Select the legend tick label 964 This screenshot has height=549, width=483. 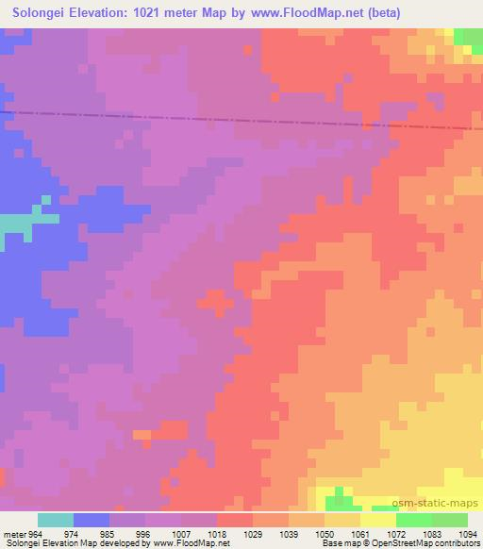(x=35, y=534)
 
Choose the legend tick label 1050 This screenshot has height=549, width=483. (x=325, y=534)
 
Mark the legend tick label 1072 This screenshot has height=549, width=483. (x=397, y=534)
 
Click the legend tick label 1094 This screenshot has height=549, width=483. (x=467, y=534)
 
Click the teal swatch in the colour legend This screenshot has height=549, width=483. (x=56, y=520)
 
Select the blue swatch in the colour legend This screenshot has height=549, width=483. (x=92, y=520)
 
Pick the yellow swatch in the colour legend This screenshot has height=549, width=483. (x=377, y=520)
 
